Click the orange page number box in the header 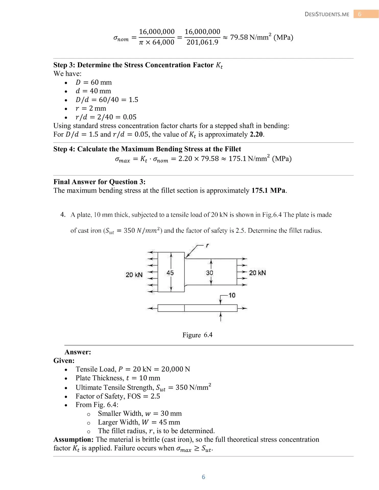(x=360, y=14)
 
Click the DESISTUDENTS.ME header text (x=327, y=14)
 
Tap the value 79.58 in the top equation (x=239, y=37)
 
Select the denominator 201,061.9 (x=202, y=42)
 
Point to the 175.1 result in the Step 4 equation (x=237, y=159)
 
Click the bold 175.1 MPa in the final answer (x=268, y=191)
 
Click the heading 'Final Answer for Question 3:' (x=99, y=182)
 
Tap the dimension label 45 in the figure (x=170, y=273)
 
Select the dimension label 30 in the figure (x=210, y=273)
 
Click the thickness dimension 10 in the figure (x=232, y=296)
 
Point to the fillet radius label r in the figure (x=207, y=246)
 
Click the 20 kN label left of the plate (x=134, y=275)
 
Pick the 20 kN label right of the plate (x=257, y=273)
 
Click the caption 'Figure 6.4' (x=197, y=335)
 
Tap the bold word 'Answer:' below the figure (x=78, y=352)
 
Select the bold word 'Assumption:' (x=74, y=439)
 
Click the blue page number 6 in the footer (x=203, y=477)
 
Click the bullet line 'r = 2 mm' (x=91, y=108)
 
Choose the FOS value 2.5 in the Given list (x=155, y=396)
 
